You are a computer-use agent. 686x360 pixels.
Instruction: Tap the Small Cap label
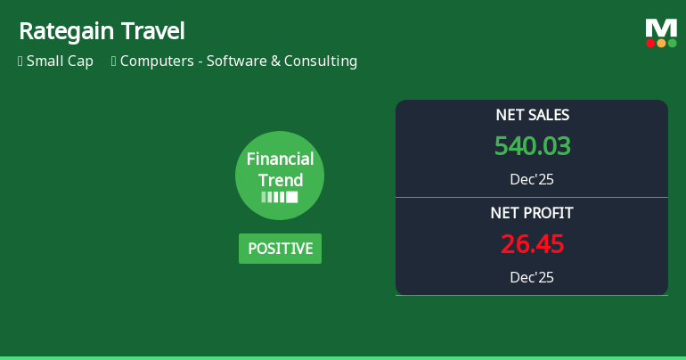tap(60, 61)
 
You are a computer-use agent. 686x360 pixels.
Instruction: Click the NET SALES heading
tap(532, 115)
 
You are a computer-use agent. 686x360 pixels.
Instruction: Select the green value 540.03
tap(532, 146)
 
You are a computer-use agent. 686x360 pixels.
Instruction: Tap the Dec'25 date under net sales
tap(532, 179)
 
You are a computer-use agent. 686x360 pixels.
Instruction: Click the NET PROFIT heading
tap(532, 213)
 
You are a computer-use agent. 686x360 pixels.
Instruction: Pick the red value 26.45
tap(532, 244)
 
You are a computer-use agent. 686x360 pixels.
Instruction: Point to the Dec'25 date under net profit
tap(532, 277)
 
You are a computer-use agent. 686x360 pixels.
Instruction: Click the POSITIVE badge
tap(280, 249)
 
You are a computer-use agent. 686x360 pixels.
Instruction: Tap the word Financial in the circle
tap(280, 160)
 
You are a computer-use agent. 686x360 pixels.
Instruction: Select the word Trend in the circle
tap(280, 180)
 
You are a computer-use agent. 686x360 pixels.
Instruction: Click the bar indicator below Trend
tap(280, 197)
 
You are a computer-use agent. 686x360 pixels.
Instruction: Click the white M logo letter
tap(661, 28)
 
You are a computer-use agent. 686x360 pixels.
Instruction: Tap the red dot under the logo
tap(650, 43)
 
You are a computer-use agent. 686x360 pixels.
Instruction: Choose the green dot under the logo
tap(672, 43)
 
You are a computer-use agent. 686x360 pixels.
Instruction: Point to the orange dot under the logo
tap(661, 43)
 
